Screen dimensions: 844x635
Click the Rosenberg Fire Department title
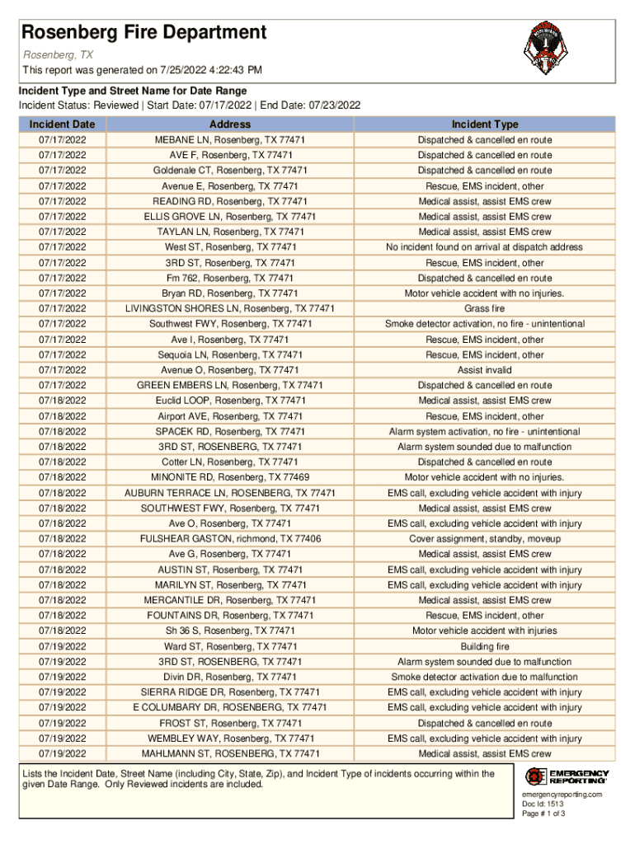pos(144,33)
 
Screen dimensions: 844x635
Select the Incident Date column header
pos(63,124)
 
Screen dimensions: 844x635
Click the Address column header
pos(230,124)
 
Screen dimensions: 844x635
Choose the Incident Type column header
pos(485,124)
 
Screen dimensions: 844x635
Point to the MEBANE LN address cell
pos(230,140)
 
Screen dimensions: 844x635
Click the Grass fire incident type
pos(485,309)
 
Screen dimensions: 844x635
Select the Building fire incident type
pos(485,647)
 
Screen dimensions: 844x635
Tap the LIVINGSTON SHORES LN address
pos(230,309)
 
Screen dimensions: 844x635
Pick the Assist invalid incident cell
pos(485,370)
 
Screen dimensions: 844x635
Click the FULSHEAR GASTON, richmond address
pos(230,539)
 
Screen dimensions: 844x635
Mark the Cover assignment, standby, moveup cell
pos(485,539)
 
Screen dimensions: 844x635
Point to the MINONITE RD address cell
pos(230,477)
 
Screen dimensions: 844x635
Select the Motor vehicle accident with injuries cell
pos(485,631)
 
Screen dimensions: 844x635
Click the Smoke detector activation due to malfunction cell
pos(485,678)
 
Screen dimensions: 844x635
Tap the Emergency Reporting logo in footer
pos(567,776)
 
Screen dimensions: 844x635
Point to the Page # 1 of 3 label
pos(543,814)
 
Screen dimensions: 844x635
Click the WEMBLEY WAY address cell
pos(230,738)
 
